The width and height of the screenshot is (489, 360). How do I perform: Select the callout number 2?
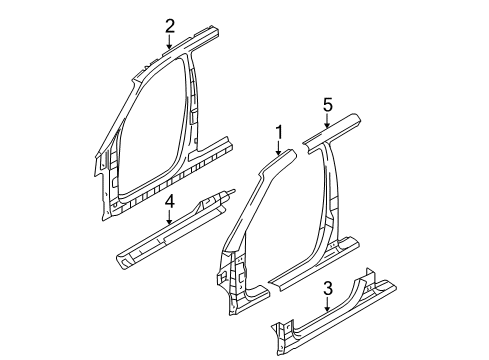[x=170, y=26]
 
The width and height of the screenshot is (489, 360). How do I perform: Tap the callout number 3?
[x=328, y=289]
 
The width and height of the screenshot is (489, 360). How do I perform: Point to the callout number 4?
[x=170, y=202]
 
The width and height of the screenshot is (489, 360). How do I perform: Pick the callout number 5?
[x=326, y=104]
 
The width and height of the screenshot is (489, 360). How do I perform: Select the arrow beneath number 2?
[x=170, y=42]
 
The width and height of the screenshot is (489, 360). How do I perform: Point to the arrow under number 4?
[x=170, y=217]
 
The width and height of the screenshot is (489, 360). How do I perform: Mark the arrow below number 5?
[x=326, y=120]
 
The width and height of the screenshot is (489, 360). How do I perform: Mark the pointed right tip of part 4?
[x=233, y=192]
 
